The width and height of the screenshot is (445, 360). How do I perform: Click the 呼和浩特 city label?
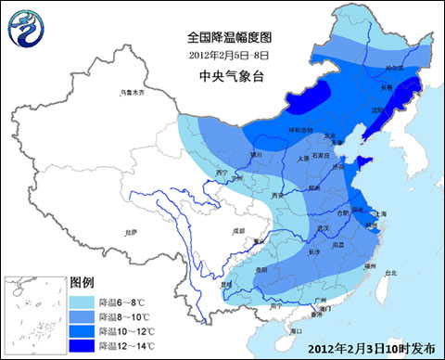tap(277, 129)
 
